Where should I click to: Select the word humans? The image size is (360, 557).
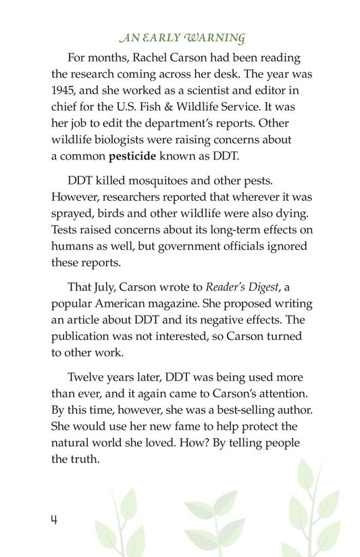point(72,247)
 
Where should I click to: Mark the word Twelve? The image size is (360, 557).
point(86,377)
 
